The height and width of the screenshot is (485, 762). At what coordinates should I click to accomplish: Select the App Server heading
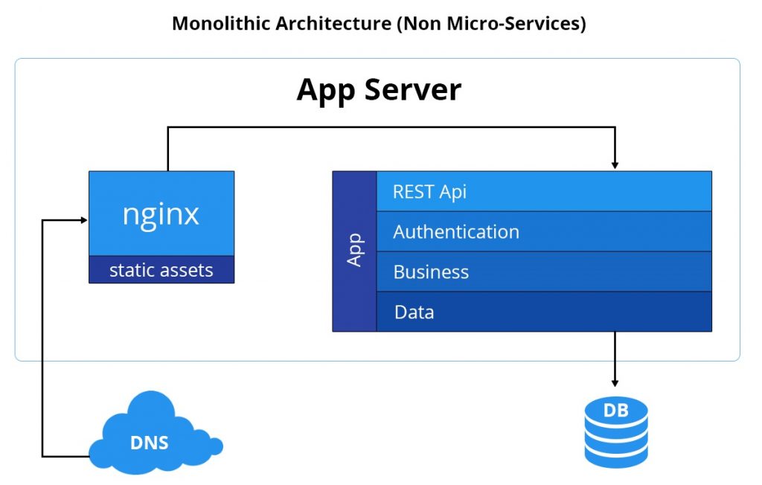(x=379, y=90)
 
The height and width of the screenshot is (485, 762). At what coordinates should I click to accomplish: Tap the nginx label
(x=161, y=214)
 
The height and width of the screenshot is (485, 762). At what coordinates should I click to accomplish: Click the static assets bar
(x=161, y=270)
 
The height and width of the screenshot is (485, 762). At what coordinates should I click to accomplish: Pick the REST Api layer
(x=543, y=191)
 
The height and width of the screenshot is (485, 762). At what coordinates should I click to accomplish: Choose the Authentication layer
(x=543, y=231)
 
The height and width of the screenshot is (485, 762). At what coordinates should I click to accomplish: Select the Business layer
(x=543, y=272)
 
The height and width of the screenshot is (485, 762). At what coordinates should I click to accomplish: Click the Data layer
(x=543, y=312)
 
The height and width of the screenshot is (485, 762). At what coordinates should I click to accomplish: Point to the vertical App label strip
(x=354, y=251)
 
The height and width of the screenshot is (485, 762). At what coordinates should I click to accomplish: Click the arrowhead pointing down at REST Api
(x=615, y=164)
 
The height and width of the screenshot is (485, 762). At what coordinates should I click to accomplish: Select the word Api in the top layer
(x=452, y=191)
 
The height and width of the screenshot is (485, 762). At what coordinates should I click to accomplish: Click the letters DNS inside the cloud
(x=150, y=443)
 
